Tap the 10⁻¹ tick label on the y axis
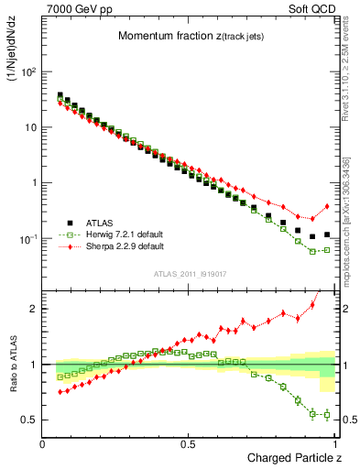coord(27,239)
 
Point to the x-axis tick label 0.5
coord(189,444)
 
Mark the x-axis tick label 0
coord(43,444)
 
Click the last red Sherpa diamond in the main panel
coord(326,206)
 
